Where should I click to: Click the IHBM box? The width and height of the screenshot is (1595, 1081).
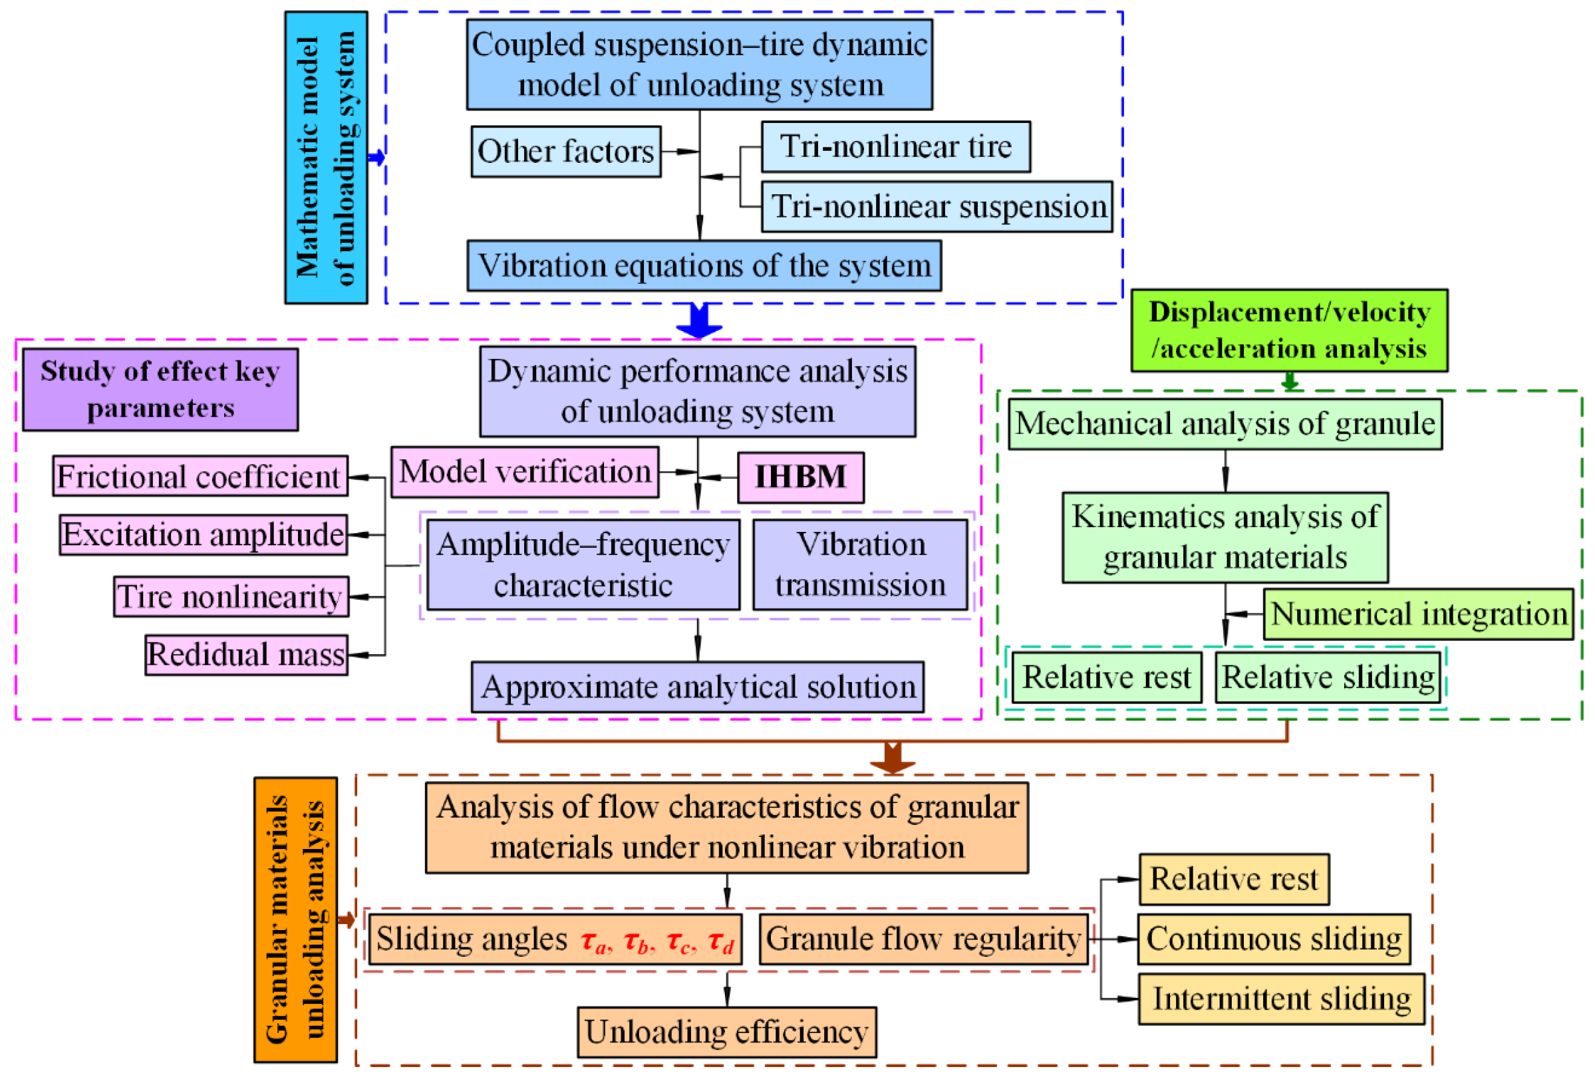[x=800, y=477]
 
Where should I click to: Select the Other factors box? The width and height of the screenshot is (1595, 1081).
[x=565, y=151]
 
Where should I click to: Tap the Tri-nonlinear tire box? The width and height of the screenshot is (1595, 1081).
[x=895, y=147]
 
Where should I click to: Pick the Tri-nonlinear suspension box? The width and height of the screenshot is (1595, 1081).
[x=936, y=207]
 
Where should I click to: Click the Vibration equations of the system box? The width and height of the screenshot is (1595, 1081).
[x=704, y=265]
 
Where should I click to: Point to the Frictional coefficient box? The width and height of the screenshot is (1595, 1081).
[x=200, y=476]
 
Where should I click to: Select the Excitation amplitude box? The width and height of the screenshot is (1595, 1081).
[x=203, y=535]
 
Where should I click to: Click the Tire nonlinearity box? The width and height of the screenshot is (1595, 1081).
[x=231, y=597]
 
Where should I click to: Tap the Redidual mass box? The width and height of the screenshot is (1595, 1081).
[x=245, y=655]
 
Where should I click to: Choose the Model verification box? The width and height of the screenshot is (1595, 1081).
[x=524, y=472]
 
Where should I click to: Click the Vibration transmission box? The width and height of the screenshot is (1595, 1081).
[x=860, y=564]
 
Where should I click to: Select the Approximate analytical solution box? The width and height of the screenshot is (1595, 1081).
[x=697, y=687]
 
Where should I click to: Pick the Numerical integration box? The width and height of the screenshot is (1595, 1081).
[x=1418, y=614]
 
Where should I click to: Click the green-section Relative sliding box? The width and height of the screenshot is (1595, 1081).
[x=1328, y=677]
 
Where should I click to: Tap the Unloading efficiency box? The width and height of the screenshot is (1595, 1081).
[x=726, y=1032]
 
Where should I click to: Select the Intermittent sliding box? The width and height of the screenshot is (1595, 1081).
[x=1280, y=999]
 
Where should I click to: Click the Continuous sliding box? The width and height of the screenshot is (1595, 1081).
[x=1274, y=938]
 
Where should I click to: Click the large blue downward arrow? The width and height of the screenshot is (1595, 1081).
[x=698, y=320]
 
